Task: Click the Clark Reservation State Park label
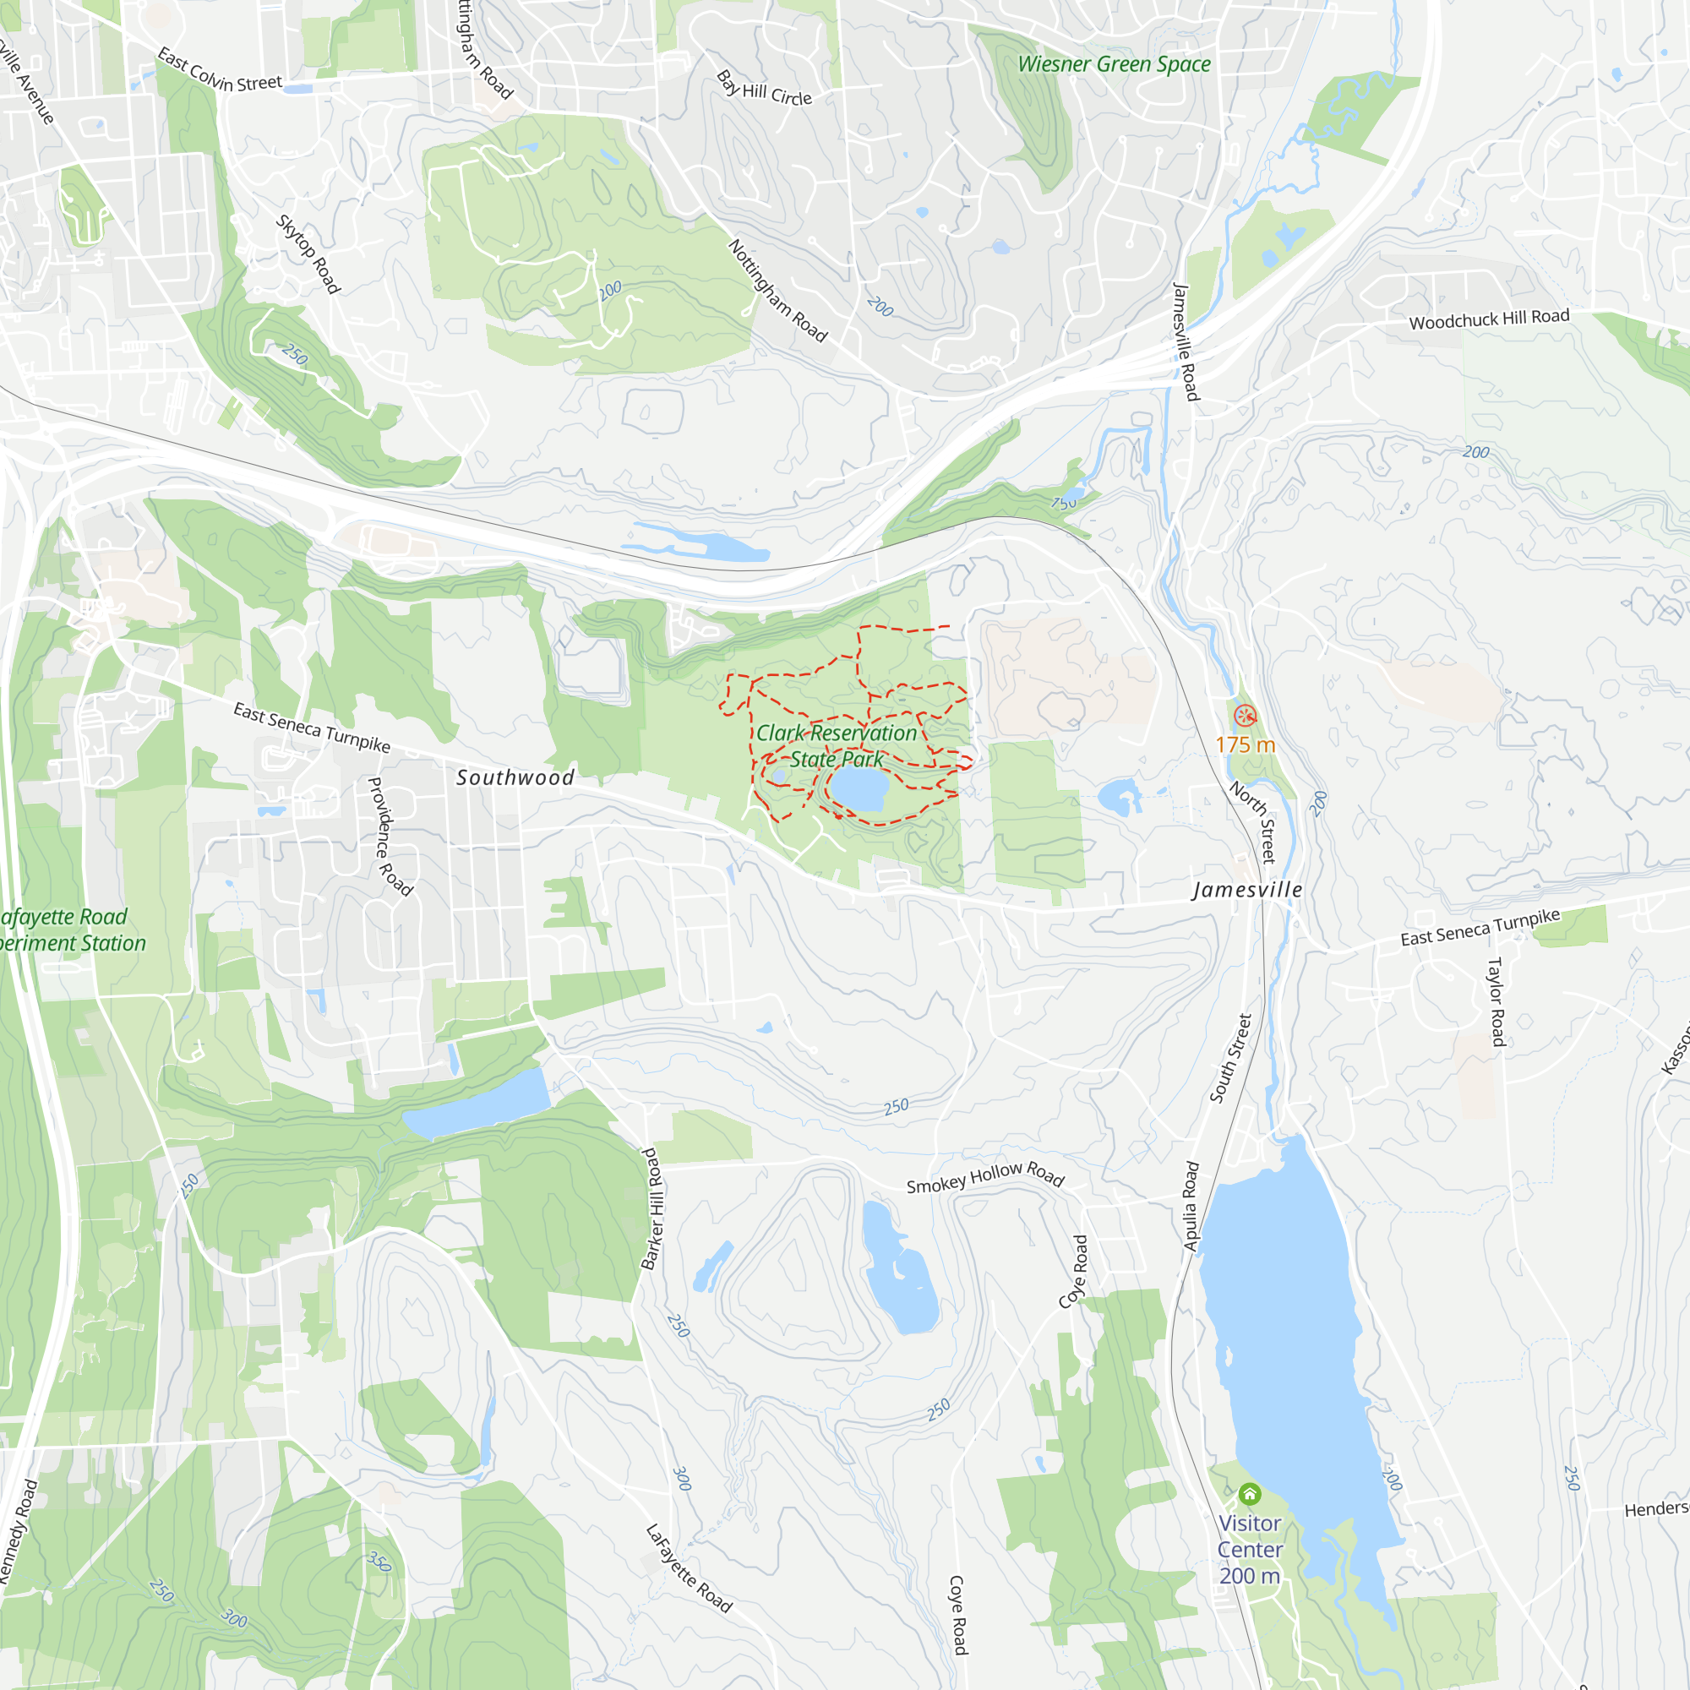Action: tap(837, 745)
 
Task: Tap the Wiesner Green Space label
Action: tap(1114, 64)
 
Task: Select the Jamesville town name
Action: tap(1246, 890)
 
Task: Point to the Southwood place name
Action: tap(515, 777)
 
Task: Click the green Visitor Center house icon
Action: tap(1250, 1493)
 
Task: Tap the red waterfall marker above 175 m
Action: tap(1245, 716)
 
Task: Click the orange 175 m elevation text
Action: tap(1245, 744)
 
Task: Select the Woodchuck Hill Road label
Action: tap(1489, 319)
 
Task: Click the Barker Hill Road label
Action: tap(652, 1209)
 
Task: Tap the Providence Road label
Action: tap(389, 837)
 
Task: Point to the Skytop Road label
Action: tap(308, 253)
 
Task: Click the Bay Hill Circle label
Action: tap(765, 89)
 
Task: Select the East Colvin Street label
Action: tap(220, 72)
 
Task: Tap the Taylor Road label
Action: tap(1496, 1001)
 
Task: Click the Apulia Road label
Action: tap(1191, 1206)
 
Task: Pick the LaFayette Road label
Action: tap(689, 1567)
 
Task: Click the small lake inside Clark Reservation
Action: tap(859, 791)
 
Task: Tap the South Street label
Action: tap(1231, 1058)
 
